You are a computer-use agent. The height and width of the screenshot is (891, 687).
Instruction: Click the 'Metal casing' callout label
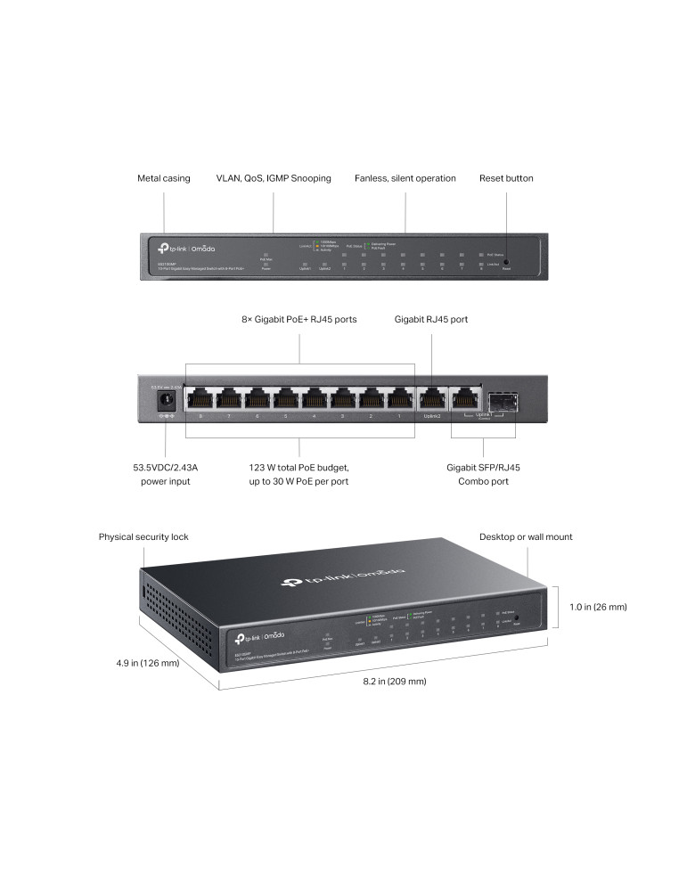[163, 178]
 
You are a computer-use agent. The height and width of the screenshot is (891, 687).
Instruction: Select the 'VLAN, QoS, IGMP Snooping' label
[274, 178]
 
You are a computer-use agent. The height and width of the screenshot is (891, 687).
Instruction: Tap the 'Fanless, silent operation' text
[405, 178]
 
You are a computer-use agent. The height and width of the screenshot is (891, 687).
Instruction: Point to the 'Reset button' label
[506, 178]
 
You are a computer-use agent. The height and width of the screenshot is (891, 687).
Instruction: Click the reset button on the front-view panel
[506, 265]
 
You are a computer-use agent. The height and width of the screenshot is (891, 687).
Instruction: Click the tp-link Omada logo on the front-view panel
[186, 248]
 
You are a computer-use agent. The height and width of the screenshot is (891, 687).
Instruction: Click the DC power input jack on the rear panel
[166, 401]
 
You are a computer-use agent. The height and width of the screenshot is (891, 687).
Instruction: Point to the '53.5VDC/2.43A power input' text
[165, 473]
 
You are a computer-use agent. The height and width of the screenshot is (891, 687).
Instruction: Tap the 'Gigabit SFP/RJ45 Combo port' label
[484, 473]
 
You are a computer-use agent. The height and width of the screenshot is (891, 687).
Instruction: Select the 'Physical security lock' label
[143, 536]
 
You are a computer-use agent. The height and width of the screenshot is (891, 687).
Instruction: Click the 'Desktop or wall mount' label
[526, 536]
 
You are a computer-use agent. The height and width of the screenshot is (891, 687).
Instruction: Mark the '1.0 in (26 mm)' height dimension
[598, 607]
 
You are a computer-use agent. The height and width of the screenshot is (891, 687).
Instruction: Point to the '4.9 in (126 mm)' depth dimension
[148, 663]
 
